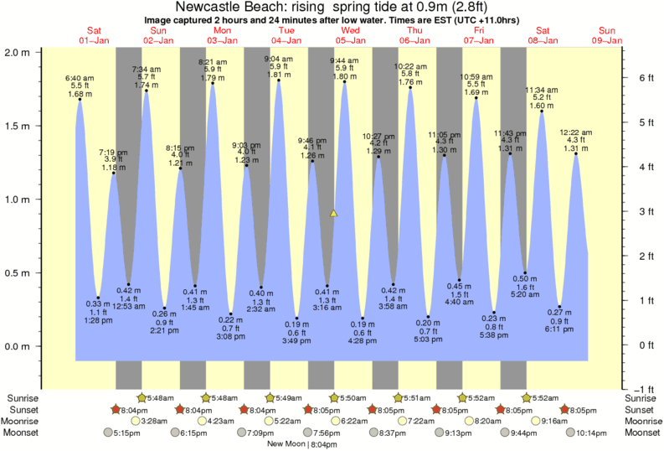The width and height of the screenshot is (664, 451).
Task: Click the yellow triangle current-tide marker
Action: point(333,214)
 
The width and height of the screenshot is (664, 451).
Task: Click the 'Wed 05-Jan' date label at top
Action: point(350,35)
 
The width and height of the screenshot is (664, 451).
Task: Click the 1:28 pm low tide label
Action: point(98,319)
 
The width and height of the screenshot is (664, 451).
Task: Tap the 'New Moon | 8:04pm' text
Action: point(303,443)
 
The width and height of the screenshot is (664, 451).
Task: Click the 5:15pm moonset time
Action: point(122,433)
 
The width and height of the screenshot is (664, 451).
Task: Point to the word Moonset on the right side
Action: point(642,433)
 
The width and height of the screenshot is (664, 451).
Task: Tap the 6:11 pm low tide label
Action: point(560,330)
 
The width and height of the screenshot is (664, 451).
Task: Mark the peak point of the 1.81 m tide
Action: point(278,80)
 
